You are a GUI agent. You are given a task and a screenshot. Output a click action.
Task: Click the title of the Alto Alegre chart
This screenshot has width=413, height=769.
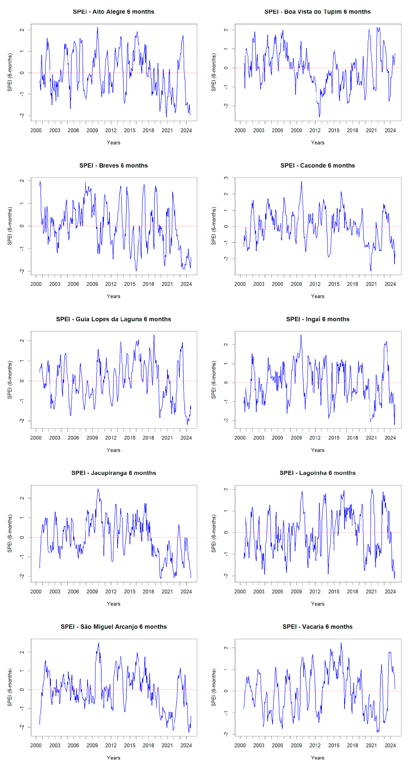[x=113, y=12]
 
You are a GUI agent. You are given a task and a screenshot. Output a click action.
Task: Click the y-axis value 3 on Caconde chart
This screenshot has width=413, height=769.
[x=226, y=178]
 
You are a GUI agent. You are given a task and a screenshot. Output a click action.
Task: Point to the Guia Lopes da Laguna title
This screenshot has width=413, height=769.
[x=113, y=319]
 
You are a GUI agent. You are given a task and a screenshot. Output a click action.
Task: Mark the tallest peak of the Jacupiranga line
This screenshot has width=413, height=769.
[x=98, y=489]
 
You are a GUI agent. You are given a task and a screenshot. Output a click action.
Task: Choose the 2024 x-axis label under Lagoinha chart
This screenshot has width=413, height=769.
[x=390, y=591]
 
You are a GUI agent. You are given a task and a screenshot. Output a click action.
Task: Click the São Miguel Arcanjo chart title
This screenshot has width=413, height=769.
[x=113, y=627]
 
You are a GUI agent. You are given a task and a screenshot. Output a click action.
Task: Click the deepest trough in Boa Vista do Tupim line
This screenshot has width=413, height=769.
[x=319, y=117]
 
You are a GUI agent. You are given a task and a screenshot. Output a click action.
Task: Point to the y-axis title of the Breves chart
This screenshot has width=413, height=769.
[x=10, y=226]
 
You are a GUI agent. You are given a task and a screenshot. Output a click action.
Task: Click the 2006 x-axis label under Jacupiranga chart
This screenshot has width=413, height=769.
[x=73, y=591]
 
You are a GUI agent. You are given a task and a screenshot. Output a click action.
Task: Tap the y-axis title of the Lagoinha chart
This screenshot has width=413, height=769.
[x=214, y=533]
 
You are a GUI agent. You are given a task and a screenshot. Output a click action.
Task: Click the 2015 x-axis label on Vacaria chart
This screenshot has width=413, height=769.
[x=334, y=745]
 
